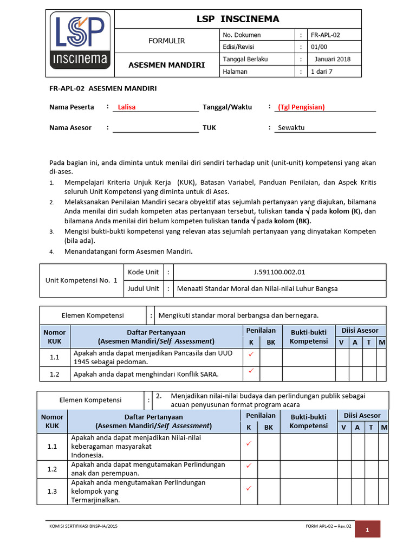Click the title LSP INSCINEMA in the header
[x=237, y=19]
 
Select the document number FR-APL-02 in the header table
[x=326, y=35]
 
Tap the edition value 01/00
[x=319, y=47]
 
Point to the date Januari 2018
[x=332, y=59]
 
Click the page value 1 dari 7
[x=322, y=72]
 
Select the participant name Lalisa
[x=127, y=107]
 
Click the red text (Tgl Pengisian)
[x=301, y=107]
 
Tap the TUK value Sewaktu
[x=291, y=127]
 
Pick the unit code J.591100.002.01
[x=279, y=272]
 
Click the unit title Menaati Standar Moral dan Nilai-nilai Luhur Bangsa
[x=257, y=288]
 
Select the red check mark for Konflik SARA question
[x=250, y=372]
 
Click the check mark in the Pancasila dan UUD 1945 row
[x=250, y=354]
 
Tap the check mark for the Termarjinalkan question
[x=249, y=488]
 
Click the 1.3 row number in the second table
[x=52, y=491]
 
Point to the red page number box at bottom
[x=367, y=530]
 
